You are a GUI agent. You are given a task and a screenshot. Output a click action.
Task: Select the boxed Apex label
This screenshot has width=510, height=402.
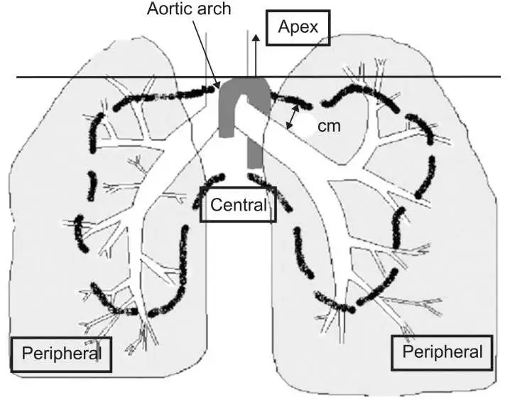298,28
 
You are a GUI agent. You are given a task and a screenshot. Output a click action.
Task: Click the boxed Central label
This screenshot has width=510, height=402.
239,206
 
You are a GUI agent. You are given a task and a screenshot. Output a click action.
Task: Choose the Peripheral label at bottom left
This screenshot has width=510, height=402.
62,353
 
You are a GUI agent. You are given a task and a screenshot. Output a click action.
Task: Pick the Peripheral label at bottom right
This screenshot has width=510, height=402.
441,351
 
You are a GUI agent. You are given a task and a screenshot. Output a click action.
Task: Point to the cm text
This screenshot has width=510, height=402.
327,126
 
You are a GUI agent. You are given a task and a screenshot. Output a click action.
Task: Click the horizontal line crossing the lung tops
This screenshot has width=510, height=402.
107,78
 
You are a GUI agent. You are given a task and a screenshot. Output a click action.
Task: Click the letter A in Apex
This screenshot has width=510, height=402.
283,28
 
